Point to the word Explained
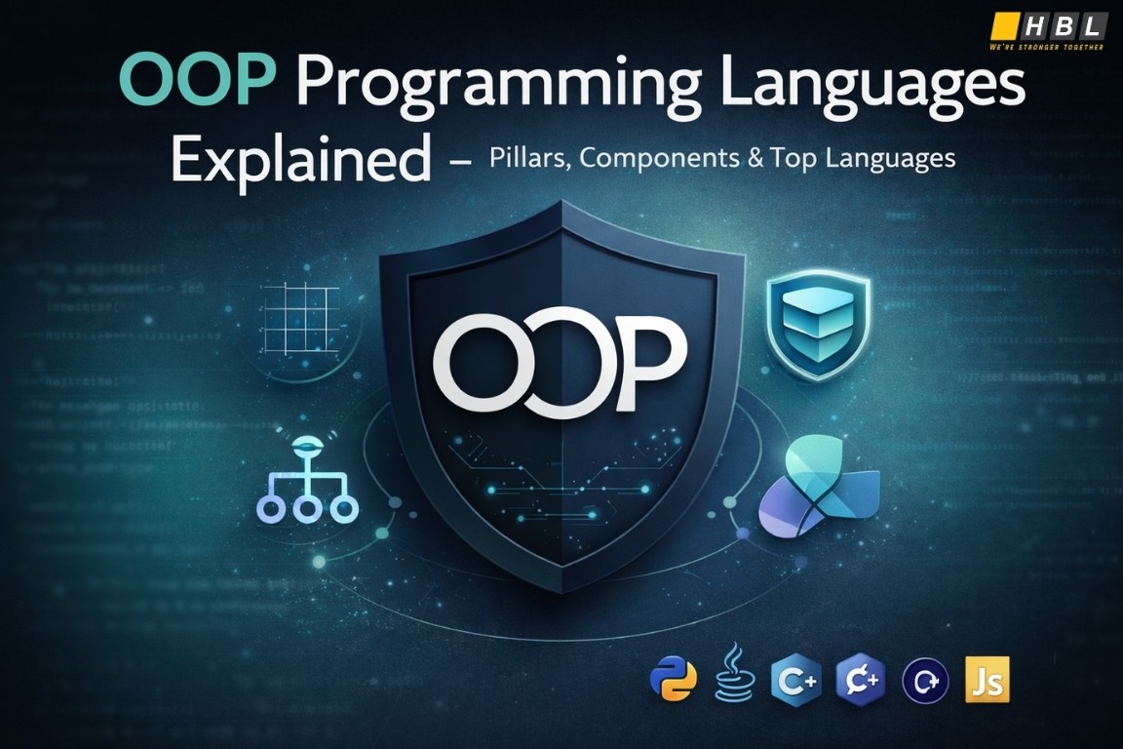(x=300, y=160)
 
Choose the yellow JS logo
(x=986, y=679)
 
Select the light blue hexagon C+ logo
(x=795, y=679)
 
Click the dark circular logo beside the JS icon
(x=925, y=679)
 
